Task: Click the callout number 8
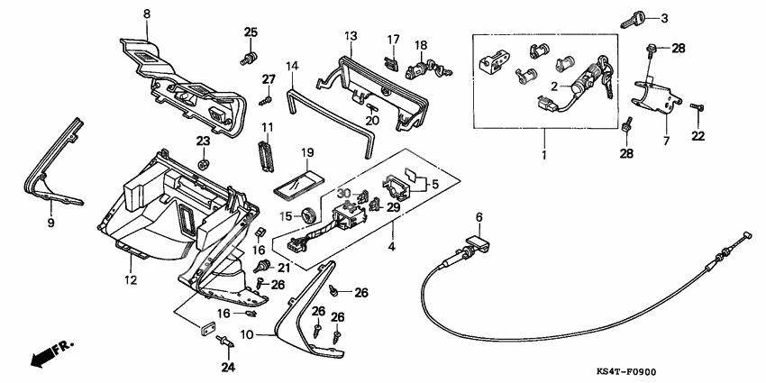click(x=148, y=14)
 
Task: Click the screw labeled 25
click(x=244, y=59)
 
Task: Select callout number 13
click(x=350, y=35)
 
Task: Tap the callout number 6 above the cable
click(x=479, y=217)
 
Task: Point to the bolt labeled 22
click(x=697, y=109)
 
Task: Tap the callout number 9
click(x=50, y=221)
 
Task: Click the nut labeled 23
click(x=203, y=164)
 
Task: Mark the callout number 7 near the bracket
click(x=666, y=141)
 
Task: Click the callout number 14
click(x=291, y=66)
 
